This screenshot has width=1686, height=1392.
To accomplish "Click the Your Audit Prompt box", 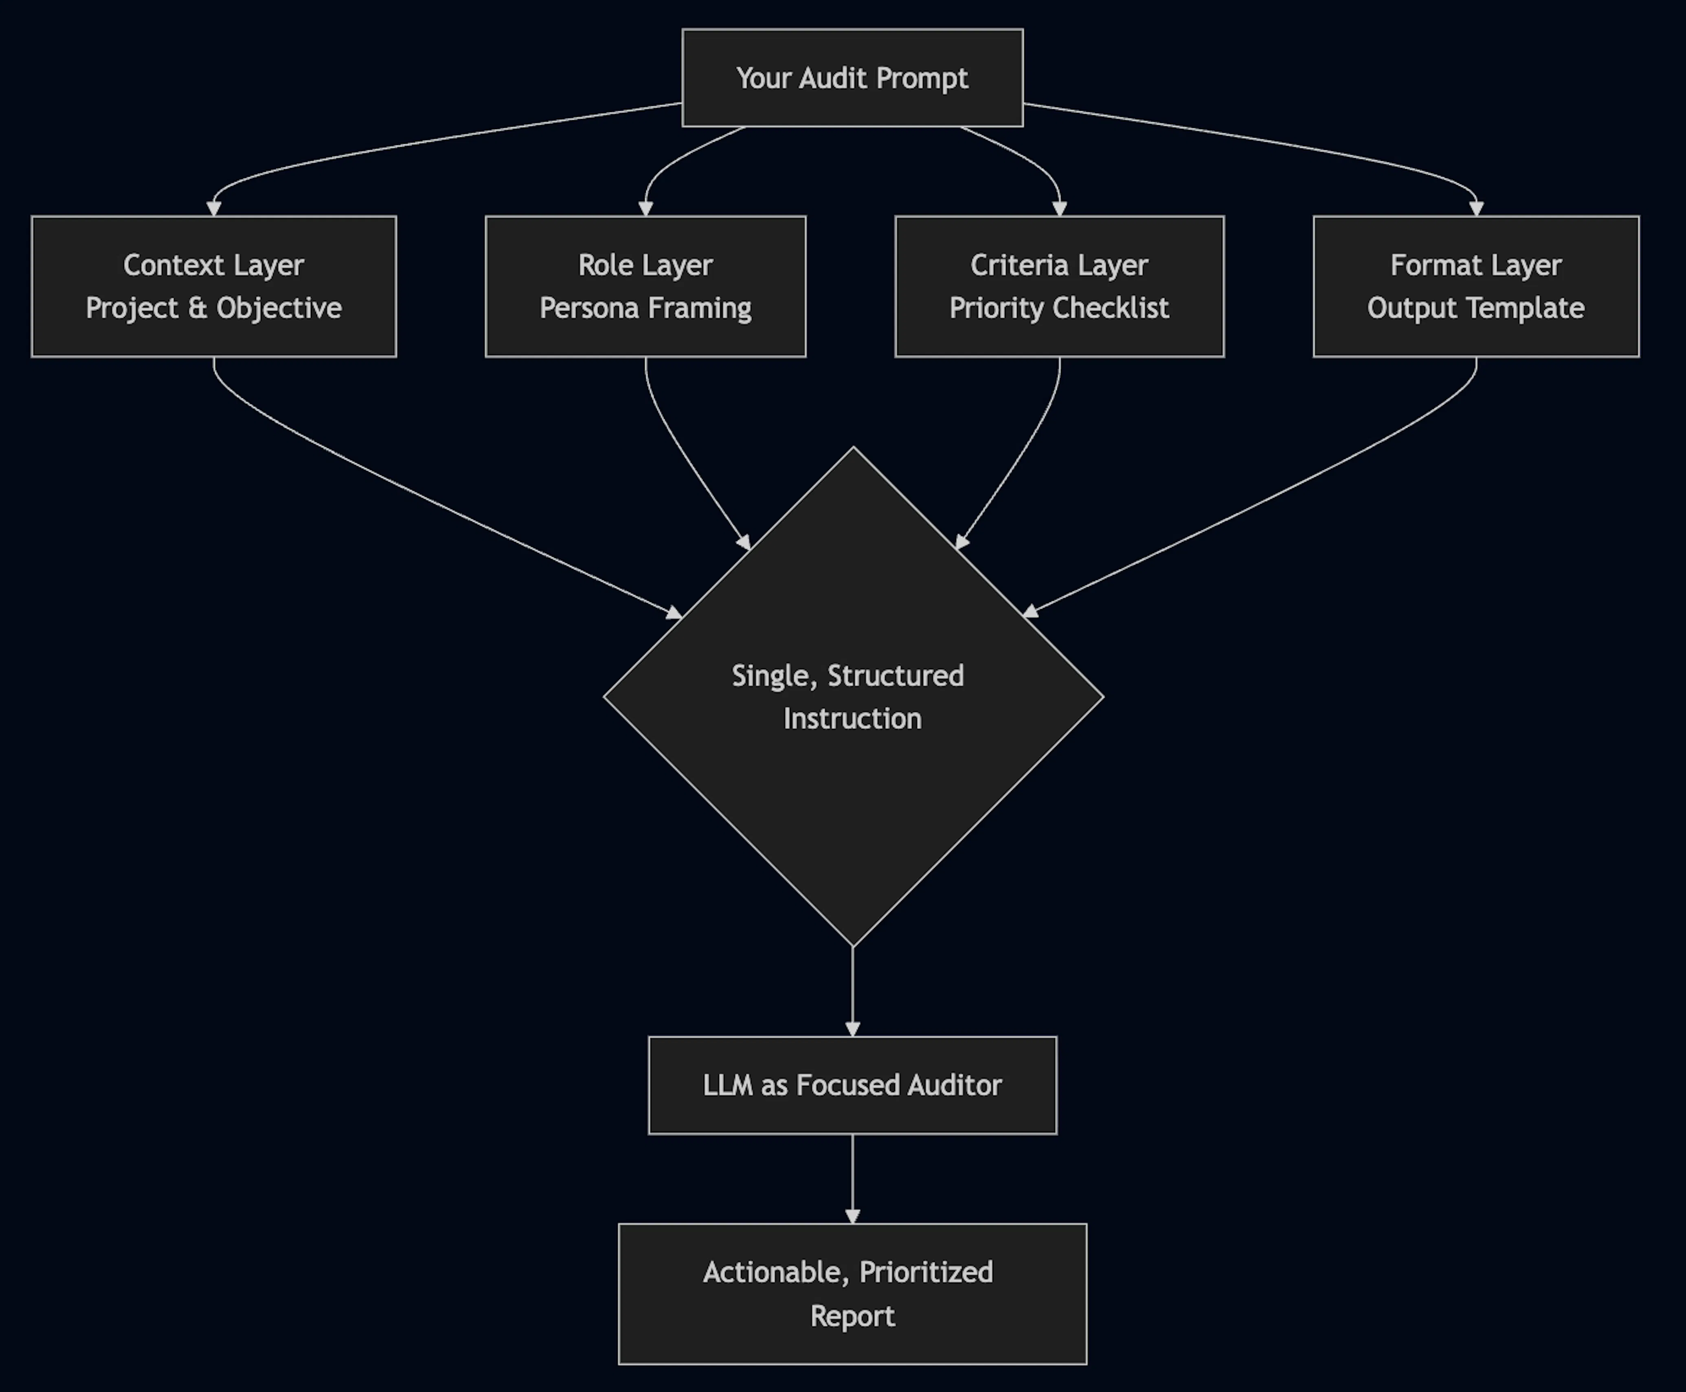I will [x=852, y=78].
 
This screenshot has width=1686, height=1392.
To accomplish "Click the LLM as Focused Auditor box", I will [x=852, y=1085].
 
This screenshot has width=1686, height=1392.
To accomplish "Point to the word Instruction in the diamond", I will [x=852, y=719].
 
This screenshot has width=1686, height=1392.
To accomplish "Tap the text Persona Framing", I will [x=645, y=308].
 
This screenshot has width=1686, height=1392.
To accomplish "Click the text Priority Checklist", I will [x=1059, y=308].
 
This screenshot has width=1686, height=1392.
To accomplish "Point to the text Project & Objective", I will [x=213, y=308].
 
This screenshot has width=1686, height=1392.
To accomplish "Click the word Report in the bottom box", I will [x=852, y=1316].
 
